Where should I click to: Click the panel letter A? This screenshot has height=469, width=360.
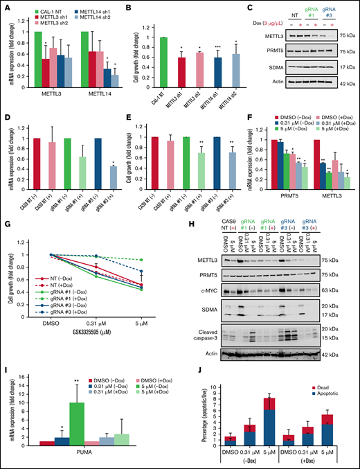[6, 6]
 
